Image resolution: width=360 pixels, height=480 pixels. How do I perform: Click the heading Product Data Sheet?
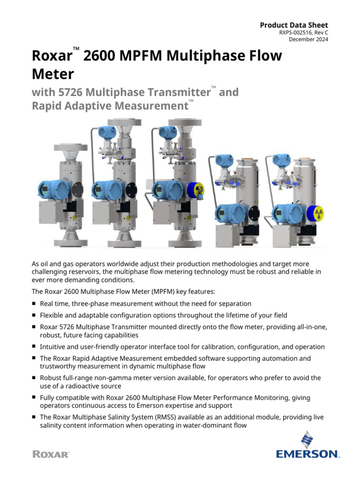(294, 25)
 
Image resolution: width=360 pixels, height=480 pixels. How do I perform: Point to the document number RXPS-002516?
(294, 32)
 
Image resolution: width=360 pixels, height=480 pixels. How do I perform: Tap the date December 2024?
(308, 39)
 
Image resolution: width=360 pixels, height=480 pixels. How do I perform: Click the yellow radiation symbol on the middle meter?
(199, 189)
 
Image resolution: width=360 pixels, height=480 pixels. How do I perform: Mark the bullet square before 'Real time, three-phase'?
(34, 304)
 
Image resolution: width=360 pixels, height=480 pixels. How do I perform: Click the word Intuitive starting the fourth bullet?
(54, 347)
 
